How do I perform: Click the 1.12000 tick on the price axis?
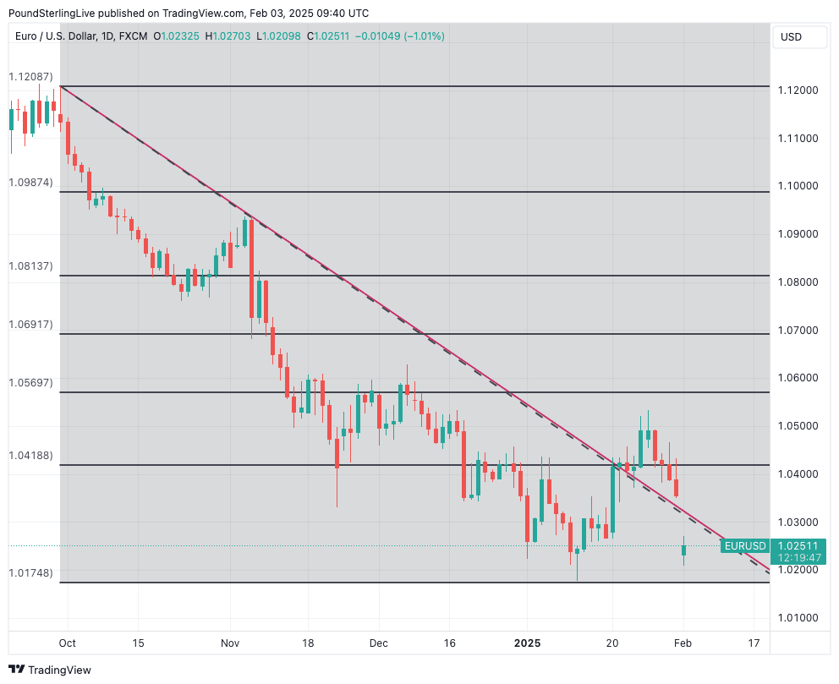(799, 90)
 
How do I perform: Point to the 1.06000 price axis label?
(799, 378)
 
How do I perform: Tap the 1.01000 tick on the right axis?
(799, 618)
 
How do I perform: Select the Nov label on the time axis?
(230, 643)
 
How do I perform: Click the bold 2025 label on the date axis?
(527, 643)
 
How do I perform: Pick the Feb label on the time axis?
(683, 643)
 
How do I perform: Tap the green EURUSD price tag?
(745, 546)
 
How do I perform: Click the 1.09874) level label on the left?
(30, 183)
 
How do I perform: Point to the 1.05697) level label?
(30, 383)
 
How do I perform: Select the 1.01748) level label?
(30, 573)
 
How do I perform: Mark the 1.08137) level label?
(30, 266)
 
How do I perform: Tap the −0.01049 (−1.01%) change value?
(399, 36)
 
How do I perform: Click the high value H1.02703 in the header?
(229, 36)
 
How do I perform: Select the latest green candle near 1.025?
(683, 550)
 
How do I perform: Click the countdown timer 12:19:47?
(798, 558)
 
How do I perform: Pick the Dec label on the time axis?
(378, 643)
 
